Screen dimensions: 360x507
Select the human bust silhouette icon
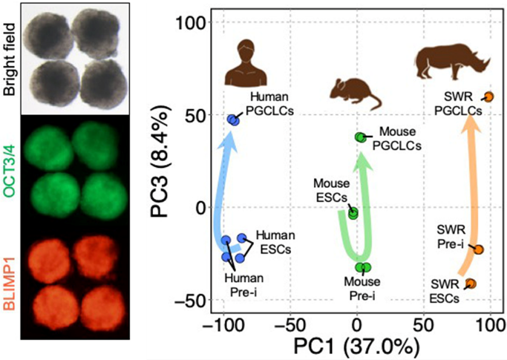pos(246,65)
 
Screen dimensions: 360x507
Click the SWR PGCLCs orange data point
pos(489,96)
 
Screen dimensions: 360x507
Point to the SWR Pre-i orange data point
pos(478,250)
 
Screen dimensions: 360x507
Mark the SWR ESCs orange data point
pos(471,283)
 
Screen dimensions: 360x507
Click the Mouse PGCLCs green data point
pos(361,137)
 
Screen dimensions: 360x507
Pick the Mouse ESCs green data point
pos(353,213)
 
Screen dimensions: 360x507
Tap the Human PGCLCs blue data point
pos(233,119)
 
